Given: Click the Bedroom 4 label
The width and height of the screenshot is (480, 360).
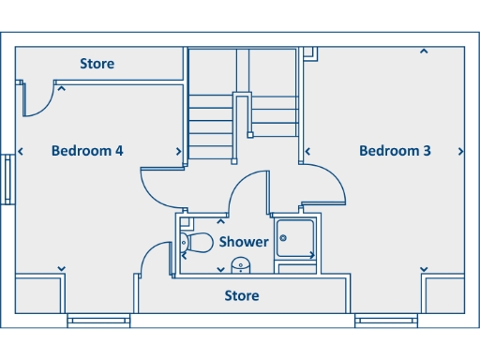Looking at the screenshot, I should click(x=87, y=150).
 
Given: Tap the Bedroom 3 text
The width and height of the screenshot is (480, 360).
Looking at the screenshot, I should click(x=395, y=150).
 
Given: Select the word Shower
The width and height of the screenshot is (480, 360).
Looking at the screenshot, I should click(x=244, y=242).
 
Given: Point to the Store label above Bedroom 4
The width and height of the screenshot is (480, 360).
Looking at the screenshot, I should click(x=97, y=64).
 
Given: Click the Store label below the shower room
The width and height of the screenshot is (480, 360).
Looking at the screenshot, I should click(x=242, y=296).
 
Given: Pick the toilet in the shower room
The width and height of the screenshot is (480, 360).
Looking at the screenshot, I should click(x=197, y=243).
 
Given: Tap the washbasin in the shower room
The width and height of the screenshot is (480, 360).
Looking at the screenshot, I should click(x=241, y=264).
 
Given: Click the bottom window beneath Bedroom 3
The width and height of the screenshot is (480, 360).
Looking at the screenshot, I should click(x=385, y=321).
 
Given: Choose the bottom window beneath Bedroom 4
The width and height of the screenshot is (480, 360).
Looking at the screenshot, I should click(x=97, y=321).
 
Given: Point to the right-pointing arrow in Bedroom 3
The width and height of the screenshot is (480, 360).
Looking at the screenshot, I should click(x=460, y=151).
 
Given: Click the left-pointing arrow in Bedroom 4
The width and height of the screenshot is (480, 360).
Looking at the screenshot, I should click(x=22, y=151).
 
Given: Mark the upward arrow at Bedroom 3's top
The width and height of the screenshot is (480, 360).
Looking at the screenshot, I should click(x=424, y=52).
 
